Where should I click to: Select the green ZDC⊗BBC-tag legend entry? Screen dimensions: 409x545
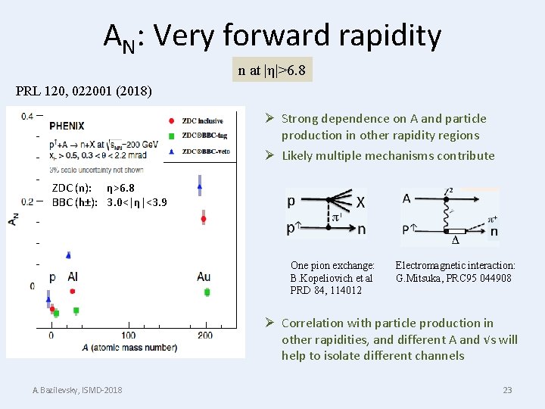coord(173,136)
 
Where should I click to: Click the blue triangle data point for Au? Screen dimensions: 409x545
coord(200,184)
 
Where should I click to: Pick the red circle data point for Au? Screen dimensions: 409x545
coord(204,219)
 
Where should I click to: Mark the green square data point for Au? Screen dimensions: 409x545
coord(207,292)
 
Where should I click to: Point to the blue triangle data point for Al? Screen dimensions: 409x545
coord(68,254)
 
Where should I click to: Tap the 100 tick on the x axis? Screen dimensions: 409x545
coord(128,335)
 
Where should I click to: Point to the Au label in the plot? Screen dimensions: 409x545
coord(203,276)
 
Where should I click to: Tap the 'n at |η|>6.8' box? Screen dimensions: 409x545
coord(272,70)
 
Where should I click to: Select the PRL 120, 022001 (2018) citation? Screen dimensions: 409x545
coord(83,92)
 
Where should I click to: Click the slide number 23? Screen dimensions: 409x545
coord(507,390)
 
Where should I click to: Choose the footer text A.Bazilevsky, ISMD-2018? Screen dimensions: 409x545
coord(77,390)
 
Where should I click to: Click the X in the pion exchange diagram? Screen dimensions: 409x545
coord(360,202)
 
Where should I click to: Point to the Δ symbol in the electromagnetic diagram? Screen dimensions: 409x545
coord(455,241)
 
